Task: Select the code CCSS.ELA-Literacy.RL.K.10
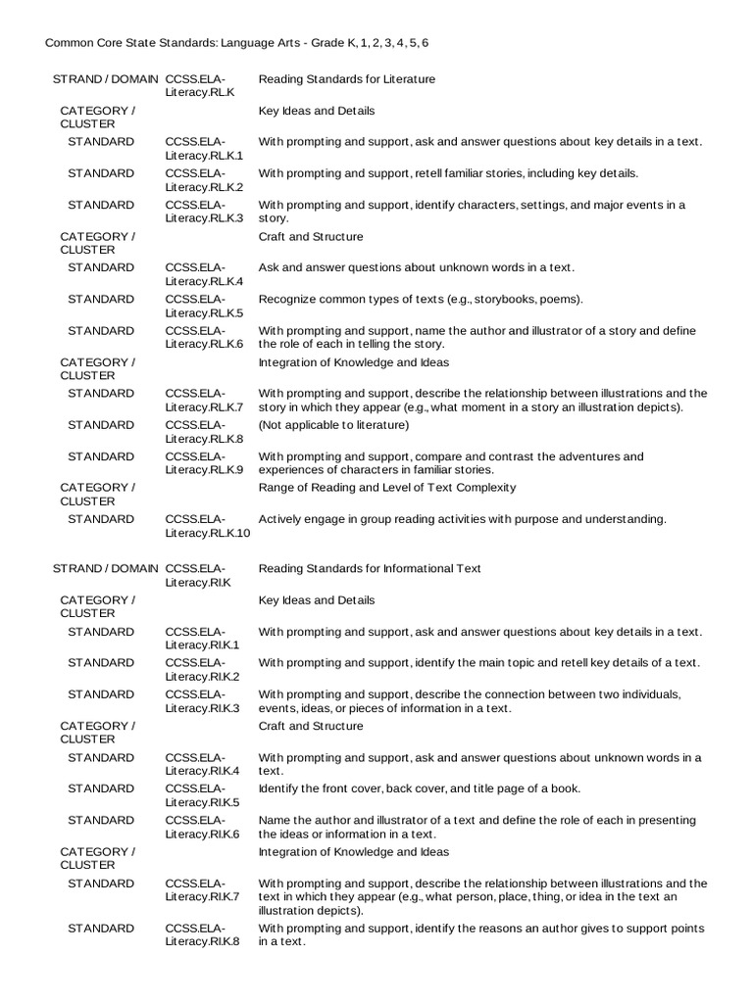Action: [x=208, y=526]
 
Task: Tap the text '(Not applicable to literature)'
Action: [x=333, y=425]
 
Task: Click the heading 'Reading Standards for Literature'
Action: [x=347, y=79]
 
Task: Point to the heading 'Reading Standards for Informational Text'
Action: [x=370, y=569]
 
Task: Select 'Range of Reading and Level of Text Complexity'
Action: [x=386, y=488]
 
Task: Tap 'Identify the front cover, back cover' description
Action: [x=420, y=789]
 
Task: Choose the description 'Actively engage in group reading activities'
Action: [x=462, y=519]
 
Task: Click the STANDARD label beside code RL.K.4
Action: [x=101, y=268]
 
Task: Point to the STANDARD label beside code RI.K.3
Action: [x=101, y=694]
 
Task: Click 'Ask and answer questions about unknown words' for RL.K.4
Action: [x=417, y=268]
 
